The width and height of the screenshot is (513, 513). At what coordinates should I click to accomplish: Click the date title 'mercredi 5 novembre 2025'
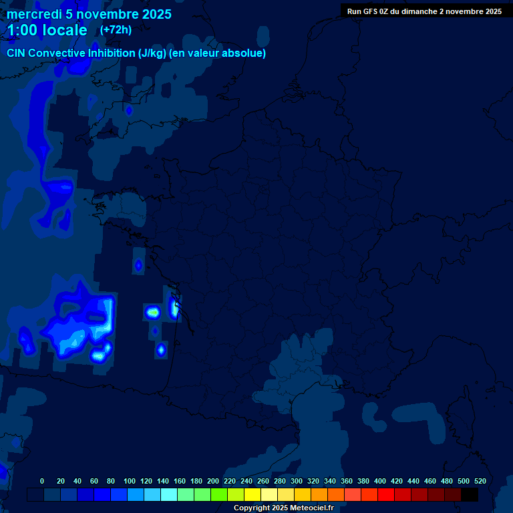click(x=89, y=14)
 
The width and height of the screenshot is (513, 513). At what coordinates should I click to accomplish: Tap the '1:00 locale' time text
click(x=47, y=30)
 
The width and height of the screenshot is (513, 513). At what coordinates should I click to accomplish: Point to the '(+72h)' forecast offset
click(x=116, y=29)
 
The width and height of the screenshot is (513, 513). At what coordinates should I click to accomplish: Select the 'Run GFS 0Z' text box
click(x=424, y=11)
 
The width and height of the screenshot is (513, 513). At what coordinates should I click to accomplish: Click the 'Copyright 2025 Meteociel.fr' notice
click(x=283, y=508)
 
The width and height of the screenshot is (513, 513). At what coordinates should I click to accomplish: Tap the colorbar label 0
click(x=42, y=481)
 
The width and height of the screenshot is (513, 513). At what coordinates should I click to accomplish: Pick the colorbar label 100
click(x=130, y=481)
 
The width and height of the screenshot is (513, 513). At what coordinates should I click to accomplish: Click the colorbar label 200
click(x=213, y=481)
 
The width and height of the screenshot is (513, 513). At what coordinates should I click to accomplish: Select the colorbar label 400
click(x=380, y=481)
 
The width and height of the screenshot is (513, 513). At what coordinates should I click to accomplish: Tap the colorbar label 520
click(x=480, y=481)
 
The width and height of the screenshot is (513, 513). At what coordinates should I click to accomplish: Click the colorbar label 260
click(x=263, y=481)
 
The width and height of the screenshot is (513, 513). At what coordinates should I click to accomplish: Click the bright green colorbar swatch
click(x=219, y=495)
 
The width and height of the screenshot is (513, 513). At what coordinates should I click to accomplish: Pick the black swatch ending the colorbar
click(x=470, y=495)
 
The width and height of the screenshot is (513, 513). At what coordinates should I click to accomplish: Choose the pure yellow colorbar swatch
click(x=252, y=495)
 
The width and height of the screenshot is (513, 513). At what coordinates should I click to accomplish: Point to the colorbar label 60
click(x=94, y=481)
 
